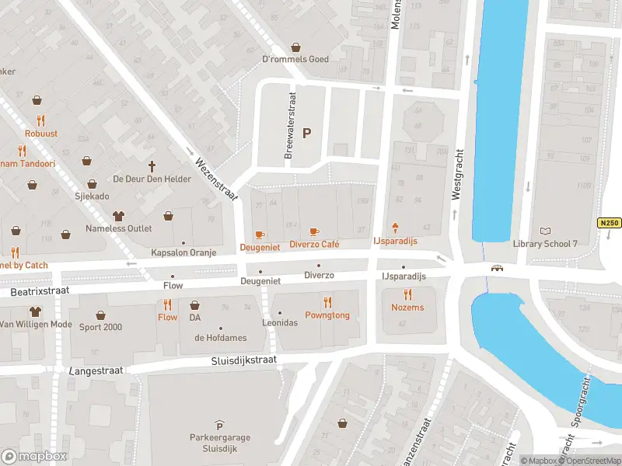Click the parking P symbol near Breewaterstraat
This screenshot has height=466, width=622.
(306, 133)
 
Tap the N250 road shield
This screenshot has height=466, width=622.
(609, 223)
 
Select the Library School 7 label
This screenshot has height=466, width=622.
(546, 244)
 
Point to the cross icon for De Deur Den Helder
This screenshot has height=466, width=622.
(152, 166)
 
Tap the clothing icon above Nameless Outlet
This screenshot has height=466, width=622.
(118, 215)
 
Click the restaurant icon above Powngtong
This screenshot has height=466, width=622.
(327, 302)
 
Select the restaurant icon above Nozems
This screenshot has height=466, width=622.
(407, 294)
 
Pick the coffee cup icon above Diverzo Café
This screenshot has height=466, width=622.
(313, 231)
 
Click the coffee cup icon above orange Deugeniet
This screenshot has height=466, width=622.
(260, 235)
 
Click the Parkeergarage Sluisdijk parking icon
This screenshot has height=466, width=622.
(219, 425)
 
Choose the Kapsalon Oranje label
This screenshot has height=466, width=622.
(183, 253)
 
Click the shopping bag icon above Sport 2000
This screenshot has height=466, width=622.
(100, 315)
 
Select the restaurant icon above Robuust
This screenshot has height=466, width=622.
(41, 120)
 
